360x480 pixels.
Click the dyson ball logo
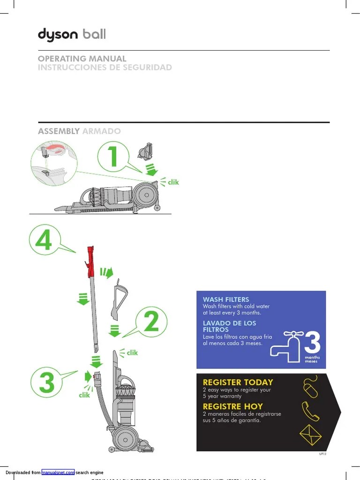[71, 34]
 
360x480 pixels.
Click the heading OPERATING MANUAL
[82, 59]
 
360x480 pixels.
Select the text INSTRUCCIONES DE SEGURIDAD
[105, 67]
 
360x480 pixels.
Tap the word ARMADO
[101, 131]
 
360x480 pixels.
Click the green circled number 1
[113, 157]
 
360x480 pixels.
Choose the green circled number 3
[47, 383]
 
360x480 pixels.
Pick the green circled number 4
[44, 241]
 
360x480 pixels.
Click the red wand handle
[90, 261]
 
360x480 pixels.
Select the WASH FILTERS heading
[225, 300]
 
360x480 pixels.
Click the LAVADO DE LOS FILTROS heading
[229, 326]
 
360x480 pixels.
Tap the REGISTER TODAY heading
[238, 382]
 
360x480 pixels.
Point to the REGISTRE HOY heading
[232, 406]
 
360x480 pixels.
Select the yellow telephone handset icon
[310, 411]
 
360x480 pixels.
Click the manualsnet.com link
[58, 472]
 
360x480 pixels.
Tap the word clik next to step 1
[173, 182]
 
